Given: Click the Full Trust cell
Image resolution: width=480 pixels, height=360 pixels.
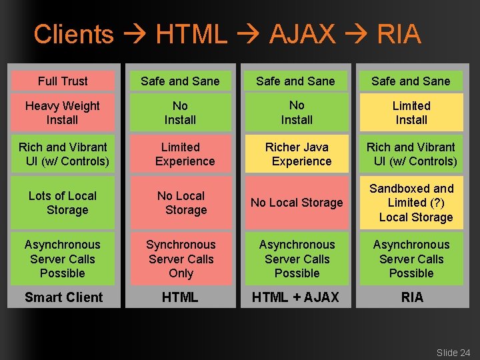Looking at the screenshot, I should click(x=63, y=81).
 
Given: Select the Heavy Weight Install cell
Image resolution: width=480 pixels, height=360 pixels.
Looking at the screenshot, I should click(x=63, y=113).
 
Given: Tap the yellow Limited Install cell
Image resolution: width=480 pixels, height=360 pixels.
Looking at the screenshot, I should click(x=411, y=113).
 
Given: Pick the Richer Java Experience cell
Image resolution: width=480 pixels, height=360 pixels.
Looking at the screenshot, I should click(x=297, y=154).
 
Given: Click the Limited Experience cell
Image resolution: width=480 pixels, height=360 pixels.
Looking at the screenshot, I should click(x=181, y=154).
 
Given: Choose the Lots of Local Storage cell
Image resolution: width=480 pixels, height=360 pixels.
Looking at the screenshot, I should click(x=63, y=203).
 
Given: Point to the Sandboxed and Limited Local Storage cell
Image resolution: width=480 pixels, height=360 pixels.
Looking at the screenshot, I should click(x=411, y=203).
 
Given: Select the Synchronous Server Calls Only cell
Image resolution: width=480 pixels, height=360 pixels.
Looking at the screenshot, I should click(x=181, y=259).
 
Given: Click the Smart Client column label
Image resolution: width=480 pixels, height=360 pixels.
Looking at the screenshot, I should click(x=63, y=297).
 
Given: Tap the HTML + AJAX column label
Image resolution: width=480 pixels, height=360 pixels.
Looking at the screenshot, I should click(x=297, y=297).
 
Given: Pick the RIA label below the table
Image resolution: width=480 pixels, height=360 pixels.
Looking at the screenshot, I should click(x=412, y=297).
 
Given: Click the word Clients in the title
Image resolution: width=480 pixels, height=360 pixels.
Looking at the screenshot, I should click(x=73, y=34).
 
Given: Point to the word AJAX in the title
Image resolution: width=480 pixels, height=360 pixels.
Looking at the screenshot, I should click(x=302, y=34).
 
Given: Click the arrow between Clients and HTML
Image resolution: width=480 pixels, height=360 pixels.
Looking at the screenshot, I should click(x=135, y=35).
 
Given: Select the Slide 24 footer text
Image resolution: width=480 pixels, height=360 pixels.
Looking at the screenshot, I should click(x=453, y=353).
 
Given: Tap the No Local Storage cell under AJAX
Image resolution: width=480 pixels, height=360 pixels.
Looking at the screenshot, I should click(x=297, y=203).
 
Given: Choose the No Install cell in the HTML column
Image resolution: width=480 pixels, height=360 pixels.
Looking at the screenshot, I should click(x=181, y=113).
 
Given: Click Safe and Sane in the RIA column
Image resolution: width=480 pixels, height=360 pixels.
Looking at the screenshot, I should click(x=411, y=81).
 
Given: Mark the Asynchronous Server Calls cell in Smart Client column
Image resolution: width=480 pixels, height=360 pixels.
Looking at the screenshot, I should click(x=63, y=259).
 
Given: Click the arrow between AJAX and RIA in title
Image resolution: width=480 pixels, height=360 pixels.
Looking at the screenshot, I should click(x=356, y=35).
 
